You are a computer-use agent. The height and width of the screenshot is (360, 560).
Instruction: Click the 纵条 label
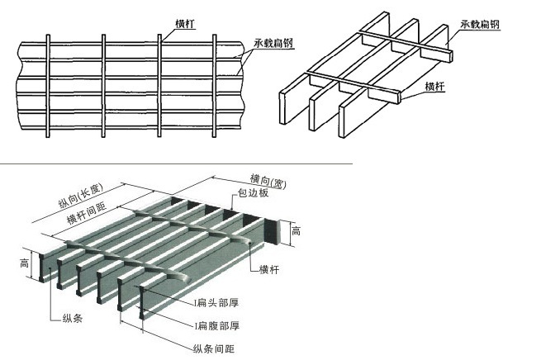coord(73,318)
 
